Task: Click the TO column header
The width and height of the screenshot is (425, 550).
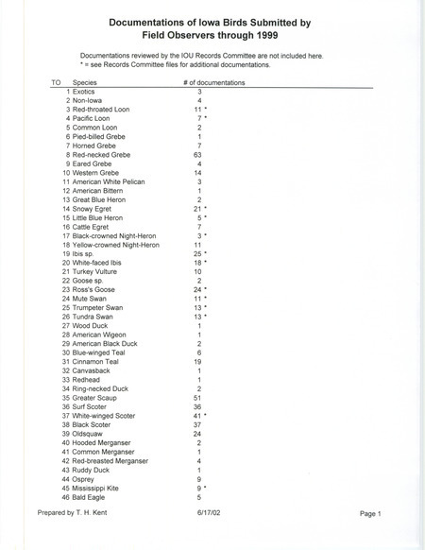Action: click(x=56, y=83)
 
